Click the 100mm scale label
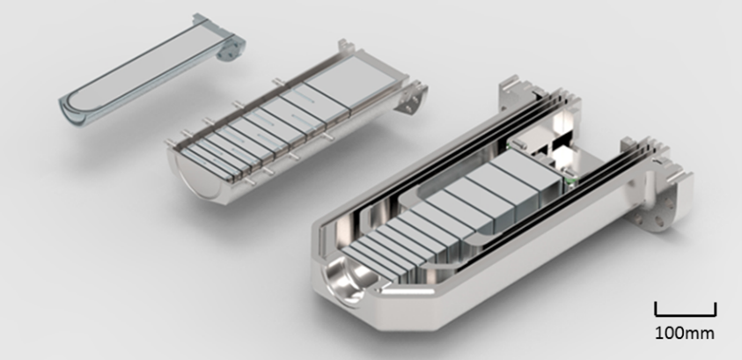[x=684, y=333]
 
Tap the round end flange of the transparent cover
[x=231, y=48]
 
